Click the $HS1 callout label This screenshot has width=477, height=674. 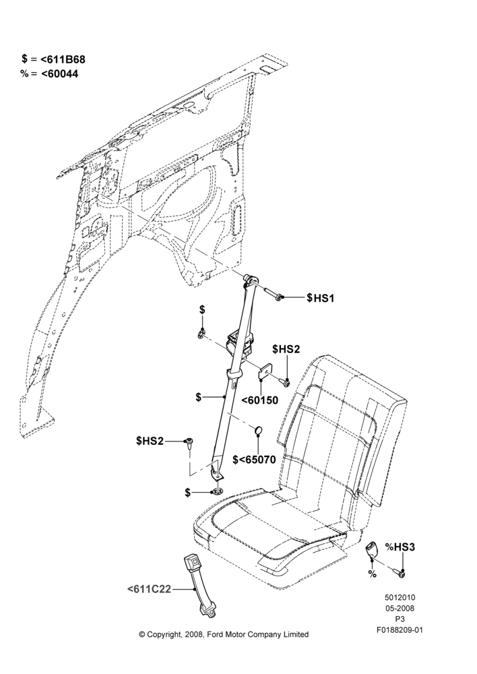[x=320, y=298]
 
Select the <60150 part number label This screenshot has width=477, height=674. [x=259, y=400]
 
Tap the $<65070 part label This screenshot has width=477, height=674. [x=254, y=460]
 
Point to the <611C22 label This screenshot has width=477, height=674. [x=149, y=589]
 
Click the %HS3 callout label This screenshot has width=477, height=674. [x=400, y=547]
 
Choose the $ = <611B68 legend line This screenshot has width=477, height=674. [x=54, y=59]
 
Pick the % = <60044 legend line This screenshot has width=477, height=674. [x=49, y=74]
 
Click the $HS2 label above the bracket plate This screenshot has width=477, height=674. [x=286, y=349]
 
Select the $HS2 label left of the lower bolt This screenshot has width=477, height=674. [x=150, y=441]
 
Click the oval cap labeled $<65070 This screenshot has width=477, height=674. [x=258, y=430]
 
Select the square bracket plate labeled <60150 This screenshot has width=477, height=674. [x=265, y=373]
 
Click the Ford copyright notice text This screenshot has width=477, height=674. [x=224, y=634]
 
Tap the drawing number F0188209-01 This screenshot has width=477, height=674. [x=400, y=631]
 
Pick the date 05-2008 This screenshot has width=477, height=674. [x=400, y=609]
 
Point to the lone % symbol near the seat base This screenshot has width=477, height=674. [x=372, y=574]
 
